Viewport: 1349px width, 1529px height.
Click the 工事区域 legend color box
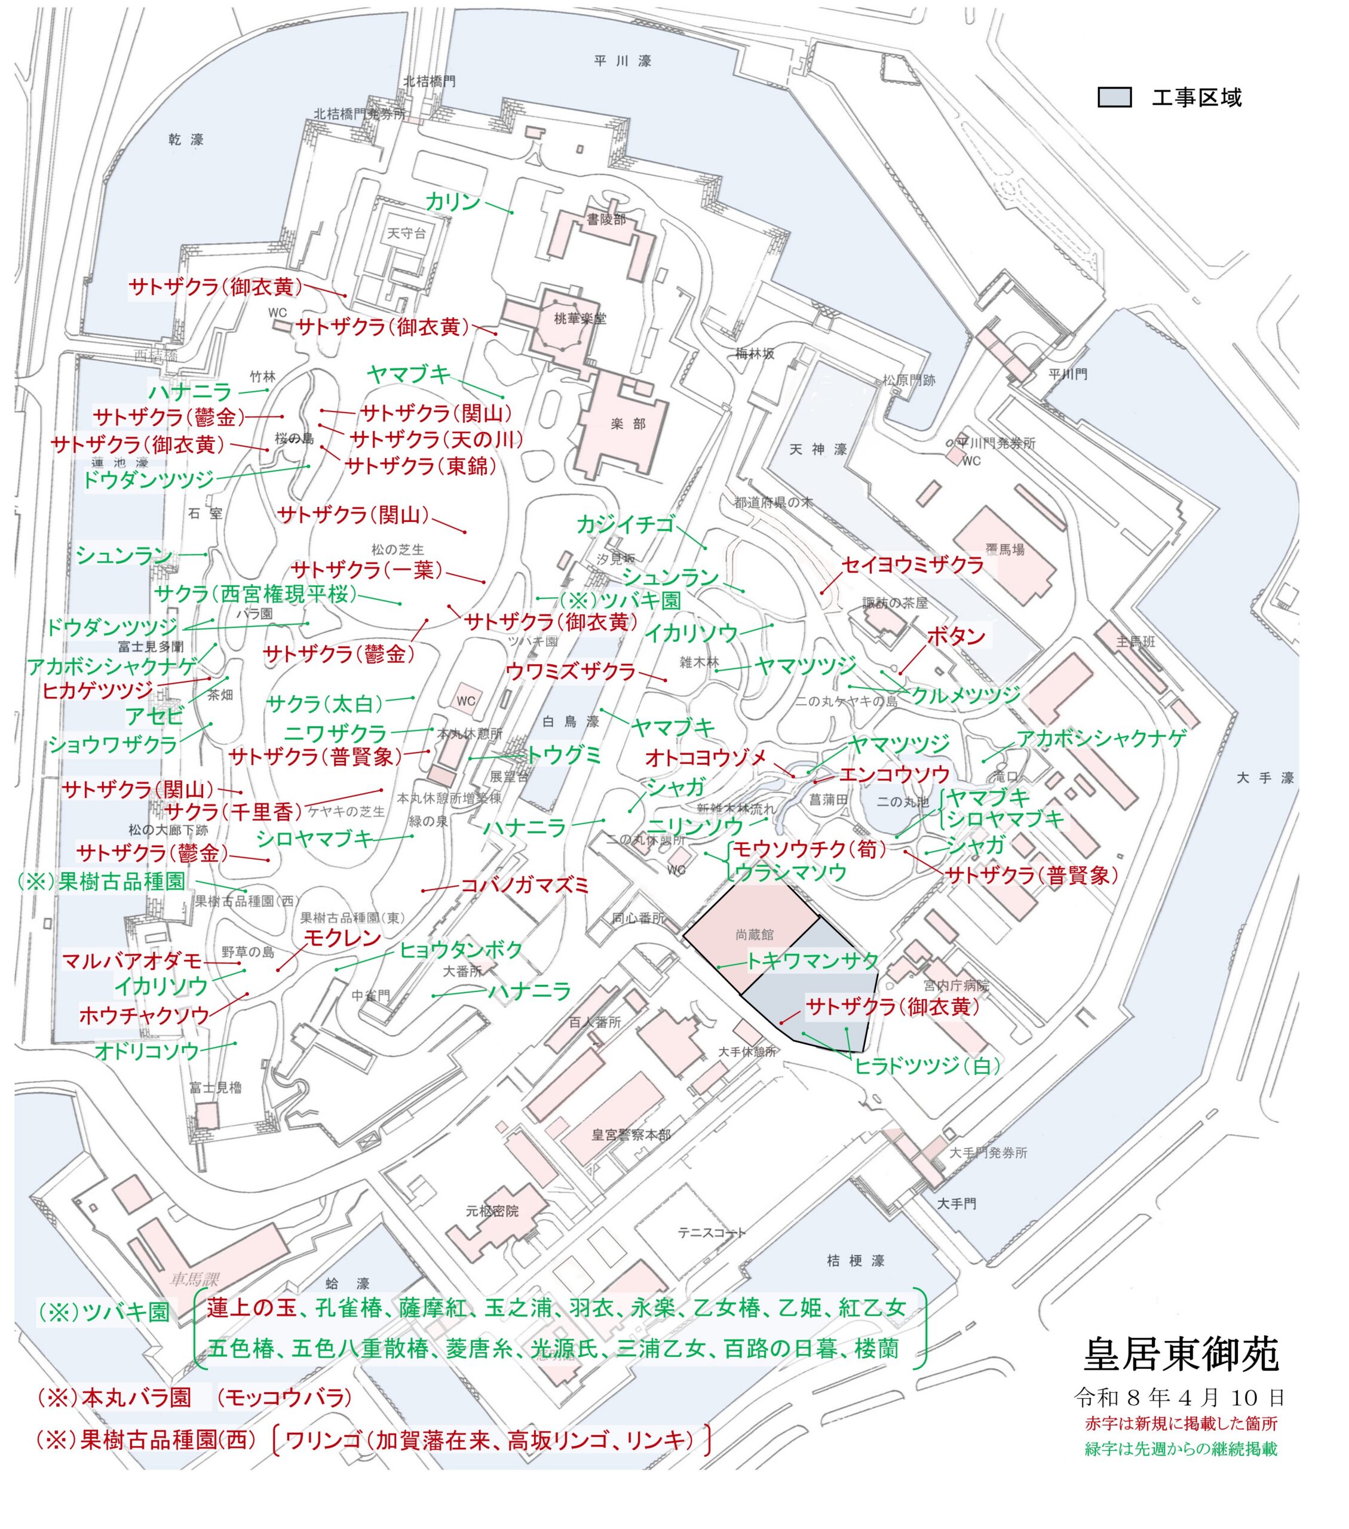[x=1114, y=98]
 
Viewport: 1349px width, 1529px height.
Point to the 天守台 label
[x=406, y=234]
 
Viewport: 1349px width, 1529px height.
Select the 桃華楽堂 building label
[x=580, y=319]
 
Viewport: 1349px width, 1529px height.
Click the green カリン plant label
[x=453, y=201]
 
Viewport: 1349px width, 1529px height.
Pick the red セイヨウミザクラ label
[x=913, y=566]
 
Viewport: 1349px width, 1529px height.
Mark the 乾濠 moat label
[x=186, y=139]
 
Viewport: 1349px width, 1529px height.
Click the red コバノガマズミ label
[x=525, y=886]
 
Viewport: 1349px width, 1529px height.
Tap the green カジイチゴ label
[x=626, y=525]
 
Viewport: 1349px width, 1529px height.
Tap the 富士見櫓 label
[x=216, y=1088]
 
